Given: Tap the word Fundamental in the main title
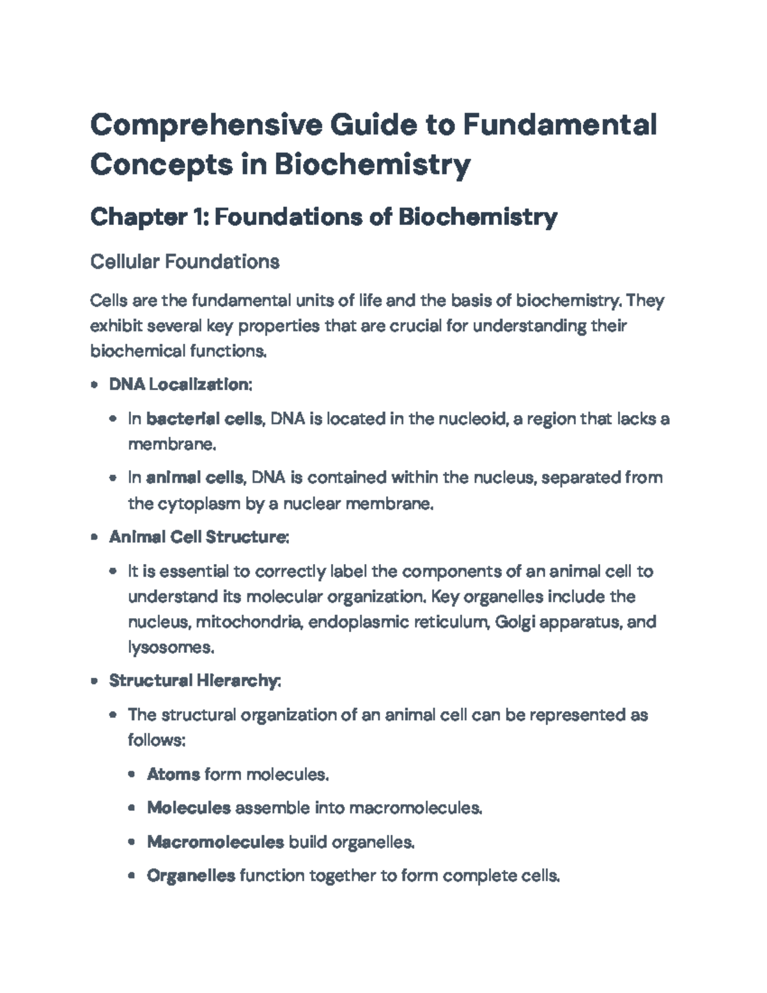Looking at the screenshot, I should tap(559, 125).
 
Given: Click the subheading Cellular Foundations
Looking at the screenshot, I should tap(185, 262).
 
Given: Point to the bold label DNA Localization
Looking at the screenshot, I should tap(180, 384).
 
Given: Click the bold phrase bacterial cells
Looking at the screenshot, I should tap(204, 419).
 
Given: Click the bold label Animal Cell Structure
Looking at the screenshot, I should tap(199, 536).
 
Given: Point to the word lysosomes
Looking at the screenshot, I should tap(171, 648).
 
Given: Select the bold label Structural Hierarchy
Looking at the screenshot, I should tap(194, 680).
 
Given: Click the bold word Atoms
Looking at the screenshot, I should tap(173, 774).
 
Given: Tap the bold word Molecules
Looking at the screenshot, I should tap(189, 808).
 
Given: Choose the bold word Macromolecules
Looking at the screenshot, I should tap(215, 842).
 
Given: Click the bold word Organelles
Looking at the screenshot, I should tap(191, 875).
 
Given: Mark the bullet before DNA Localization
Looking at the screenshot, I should tap(95, 385).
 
